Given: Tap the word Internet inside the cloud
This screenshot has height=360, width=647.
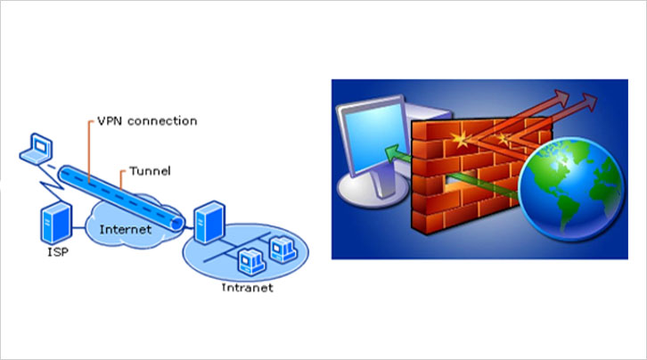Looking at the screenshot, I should click(x=124, y=231).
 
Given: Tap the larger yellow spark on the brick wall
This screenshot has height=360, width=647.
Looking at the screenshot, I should click(x=463, y=140).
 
